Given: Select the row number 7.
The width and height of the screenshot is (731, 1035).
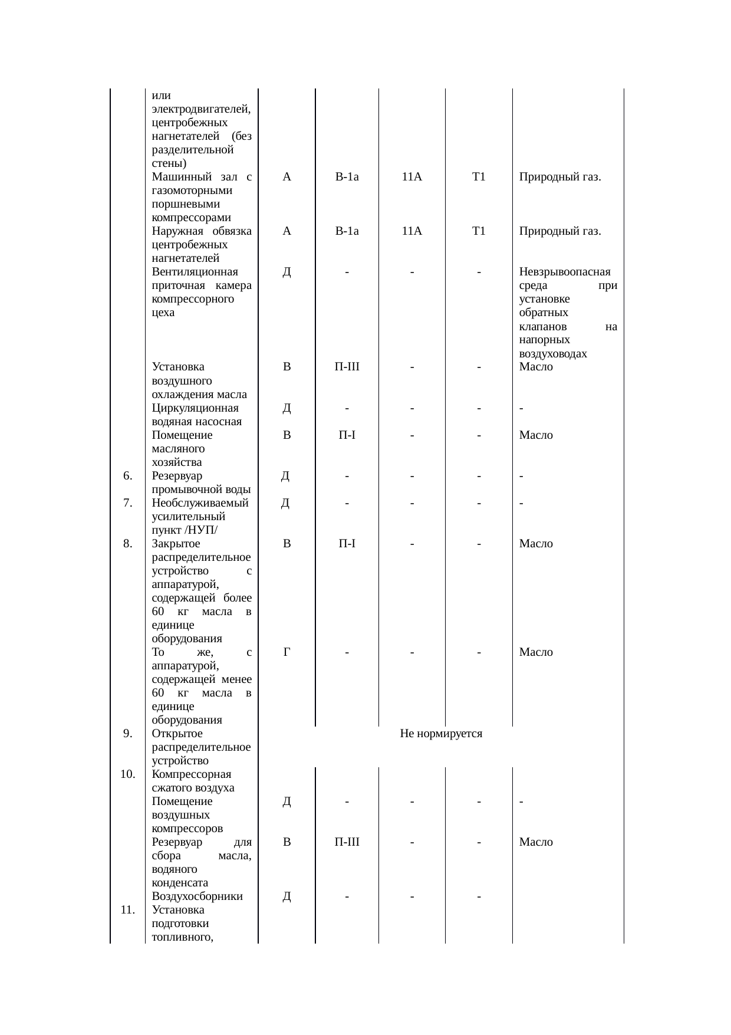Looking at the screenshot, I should tap(127, 503).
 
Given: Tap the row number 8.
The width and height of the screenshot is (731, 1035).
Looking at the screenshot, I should tap(127, 544).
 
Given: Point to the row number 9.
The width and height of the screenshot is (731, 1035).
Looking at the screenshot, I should tap(127, 734).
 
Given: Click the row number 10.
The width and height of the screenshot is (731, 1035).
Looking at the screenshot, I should tap(127, 774).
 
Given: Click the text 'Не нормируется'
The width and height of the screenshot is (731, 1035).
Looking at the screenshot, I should tap(441, 734).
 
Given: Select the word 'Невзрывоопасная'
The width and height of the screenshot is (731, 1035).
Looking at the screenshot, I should tap(564, 272).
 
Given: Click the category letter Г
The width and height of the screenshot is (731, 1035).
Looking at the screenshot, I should tap(287, 652).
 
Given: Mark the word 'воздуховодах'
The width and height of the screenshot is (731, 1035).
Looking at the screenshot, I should tap(553, 354).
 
